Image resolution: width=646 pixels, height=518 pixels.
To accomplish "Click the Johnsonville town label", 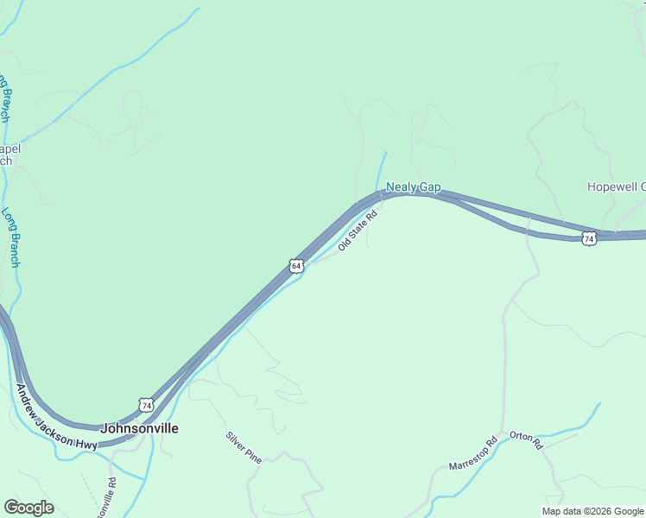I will pyautogui.click(x=140, y=428).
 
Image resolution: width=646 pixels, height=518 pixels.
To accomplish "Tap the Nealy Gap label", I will pyautogui.click(x=413, y=186).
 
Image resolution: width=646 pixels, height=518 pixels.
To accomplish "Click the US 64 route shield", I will pyautogui.click(x=296, y=266).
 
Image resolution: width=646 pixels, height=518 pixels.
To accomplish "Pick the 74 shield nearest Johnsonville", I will pyautogui.click(x=146, y=405).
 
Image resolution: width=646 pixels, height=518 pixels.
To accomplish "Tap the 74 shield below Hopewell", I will pyautogui.click(x=589, y=238).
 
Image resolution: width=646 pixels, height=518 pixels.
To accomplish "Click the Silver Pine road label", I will pyautogui.click(x=244, y=446).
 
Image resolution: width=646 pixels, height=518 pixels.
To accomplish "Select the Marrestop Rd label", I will pyautogui.click(x=473, y=453).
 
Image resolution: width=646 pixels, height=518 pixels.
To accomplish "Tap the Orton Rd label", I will pyautogui.click(x=525, y=440).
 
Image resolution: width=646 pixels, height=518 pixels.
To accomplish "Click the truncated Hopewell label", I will pyautogui.click(x=616, y=186).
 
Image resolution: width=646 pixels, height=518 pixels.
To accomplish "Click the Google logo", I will pyautogui.click(x=28, y=507).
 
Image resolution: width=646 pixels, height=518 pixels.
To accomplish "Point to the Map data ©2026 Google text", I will pyautogui.click(x=592, y=511).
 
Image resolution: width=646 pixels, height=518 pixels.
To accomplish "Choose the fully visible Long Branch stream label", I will pyautogui.click(x=10, y=237).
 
